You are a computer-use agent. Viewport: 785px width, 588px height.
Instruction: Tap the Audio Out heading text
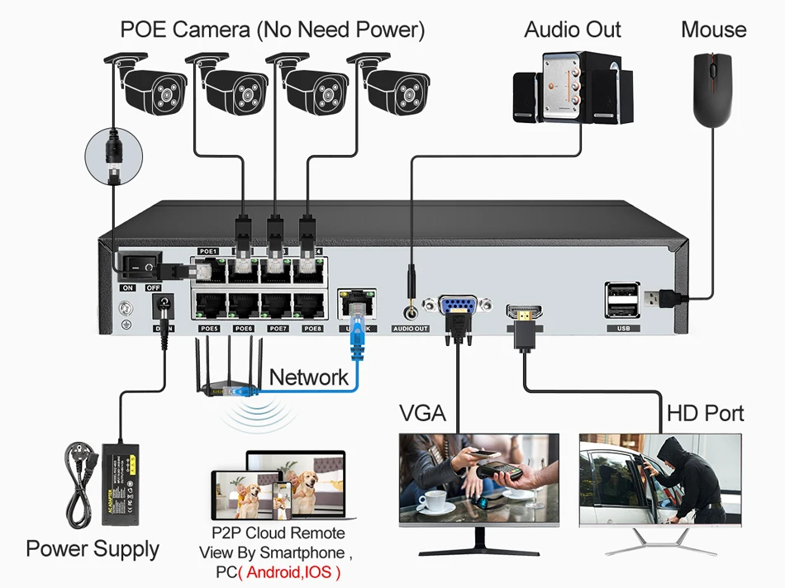click(573, 30)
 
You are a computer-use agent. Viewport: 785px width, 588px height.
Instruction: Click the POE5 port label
click(208, 329)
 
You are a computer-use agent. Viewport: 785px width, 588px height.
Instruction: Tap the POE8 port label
click(312, 329)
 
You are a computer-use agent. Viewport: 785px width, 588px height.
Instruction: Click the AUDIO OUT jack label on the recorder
click(411, 329)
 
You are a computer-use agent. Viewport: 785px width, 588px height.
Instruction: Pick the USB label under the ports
click(622, 329)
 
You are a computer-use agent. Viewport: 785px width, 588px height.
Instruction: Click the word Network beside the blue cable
click(309, 377)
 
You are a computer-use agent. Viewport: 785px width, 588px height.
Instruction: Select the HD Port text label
click(705, 413)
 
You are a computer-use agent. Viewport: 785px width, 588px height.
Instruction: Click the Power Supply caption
click(93, 549)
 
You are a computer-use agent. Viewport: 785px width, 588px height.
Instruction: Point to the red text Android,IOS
click(288, 571)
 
